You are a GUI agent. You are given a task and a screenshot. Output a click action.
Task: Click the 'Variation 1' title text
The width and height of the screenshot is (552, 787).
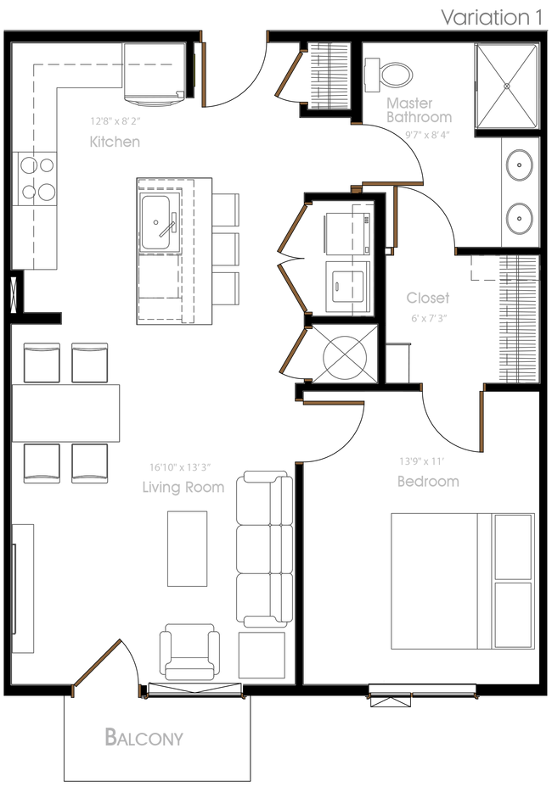[491, 18]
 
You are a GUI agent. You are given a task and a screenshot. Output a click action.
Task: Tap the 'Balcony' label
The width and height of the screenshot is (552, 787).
[144, 737]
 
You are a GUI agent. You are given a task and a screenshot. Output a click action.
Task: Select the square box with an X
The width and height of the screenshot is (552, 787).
[505, 86]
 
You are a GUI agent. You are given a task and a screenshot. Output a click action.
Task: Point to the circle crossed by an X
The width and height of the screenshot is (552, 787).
[344, 354]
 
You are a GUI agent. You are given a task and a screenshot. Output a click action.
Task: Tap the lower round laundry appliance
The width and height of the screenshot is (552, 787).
[518, 217]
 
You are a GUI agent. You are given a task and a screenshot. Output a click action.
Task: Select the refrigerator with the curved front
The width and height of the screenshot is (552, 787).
[153, 74]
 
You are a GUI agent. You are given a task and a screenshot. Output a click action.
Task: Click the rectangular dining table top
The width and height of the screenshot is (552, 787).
[67, 412]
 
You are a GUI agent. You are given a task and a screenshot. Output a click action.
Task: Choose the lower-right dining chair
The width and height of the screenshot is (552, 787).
[89, 463]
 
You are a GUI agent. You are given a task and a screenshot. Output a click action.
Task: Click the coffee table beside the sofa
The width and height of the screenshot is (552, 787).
[187, 549]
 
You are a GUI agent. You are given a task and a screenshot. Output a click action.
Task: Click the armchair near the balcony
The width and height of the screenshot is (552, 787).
[189, 650]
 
